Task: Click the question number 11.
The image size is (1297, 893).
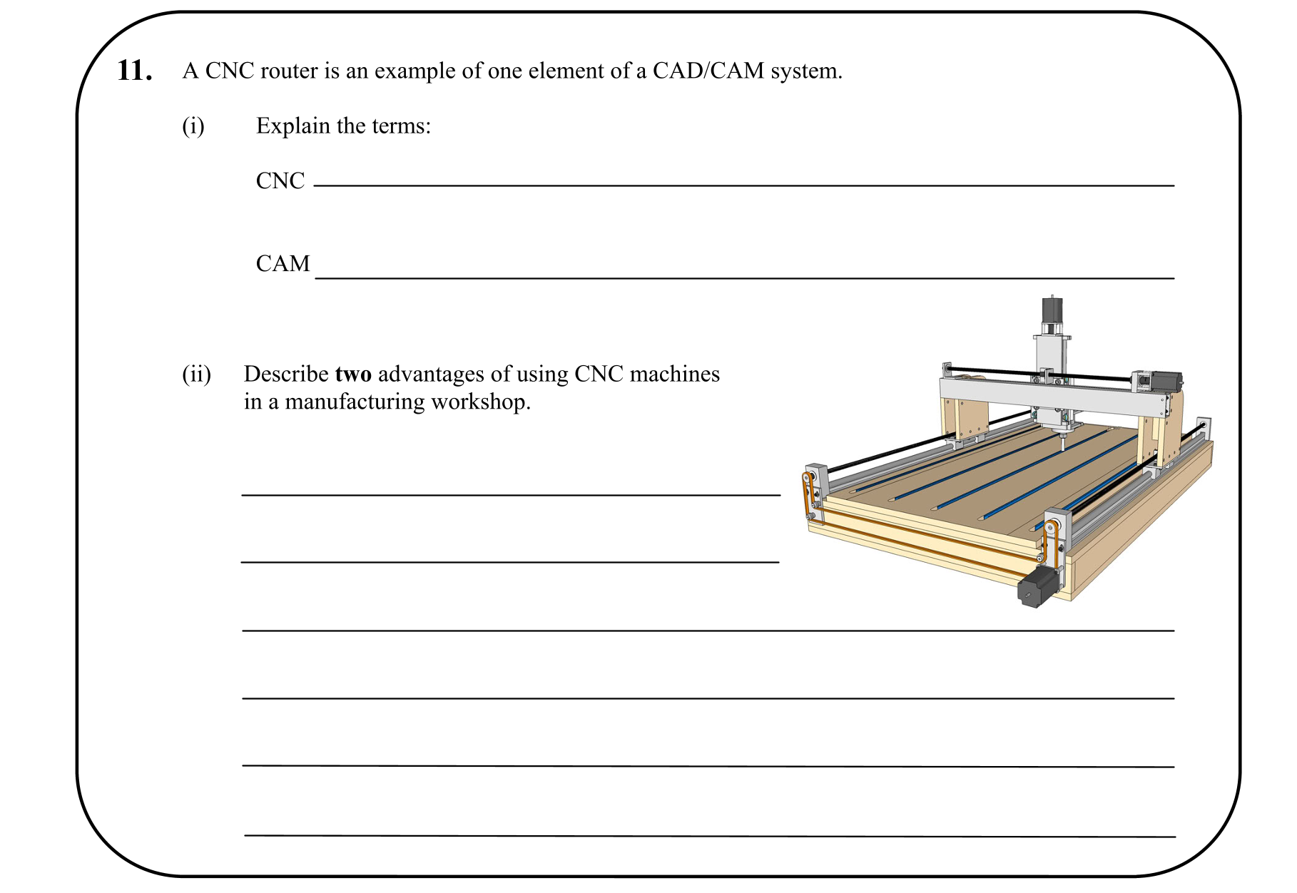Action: click(134, 71)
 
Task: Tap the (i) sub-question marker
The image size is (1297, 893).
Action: click(193, 126)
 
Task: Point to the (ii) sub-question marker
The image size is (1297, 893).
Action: click(196, 374)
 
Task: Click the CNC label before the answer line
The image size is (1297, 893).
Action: click(280, 181)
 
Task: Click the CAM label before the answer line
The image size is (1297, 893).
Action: click(283, 264)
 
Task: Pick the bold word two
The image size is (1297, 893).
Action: click(353, 374)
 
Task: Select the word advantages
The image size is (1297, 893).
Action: click(431, 374)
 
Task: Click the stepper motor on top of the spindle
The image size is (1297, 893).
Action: click(1052, 310)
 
